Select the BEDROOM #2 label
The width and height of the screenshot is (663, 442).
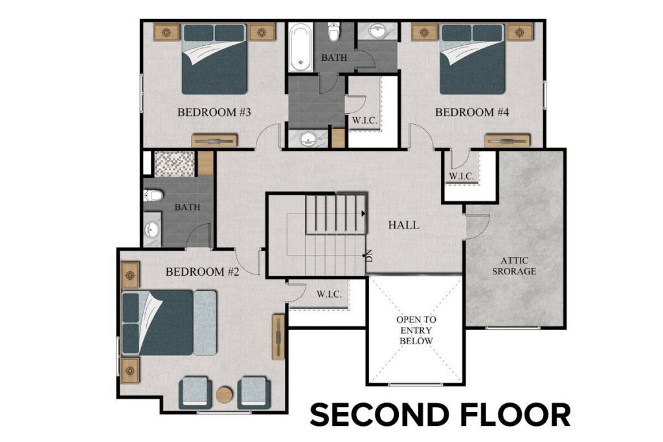click(x=203, y=272)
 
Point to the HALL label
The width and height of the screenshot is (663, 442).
click(x=403, y=226)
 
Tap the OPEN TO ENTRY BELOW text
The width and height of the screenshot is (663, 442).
click(x=416, y=330)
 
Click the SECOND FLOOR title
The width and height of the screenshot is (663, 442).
click(x=440, y=415)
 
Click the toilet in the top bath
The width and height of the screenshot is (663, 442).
click(x=334, y=32)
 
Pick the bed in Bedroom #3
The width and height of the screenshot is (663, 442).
click(x=214, y=59)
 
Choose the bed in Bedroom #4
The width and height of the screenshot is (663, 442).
click(x=472, y=59)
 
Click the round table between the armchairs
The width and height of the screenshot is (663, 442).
click(x=224, y=394)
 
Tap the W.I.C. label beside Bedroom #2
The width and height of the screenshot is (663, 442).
click(x=330, y=294)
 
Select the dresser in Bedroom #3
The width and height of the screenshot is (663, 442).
click(x=214, y=140)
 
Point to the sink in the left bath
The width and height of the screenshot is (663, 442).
click(x=152, y=230)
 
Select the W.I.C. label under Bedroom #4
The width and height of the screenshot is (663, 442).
click(x=462, y=176)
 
